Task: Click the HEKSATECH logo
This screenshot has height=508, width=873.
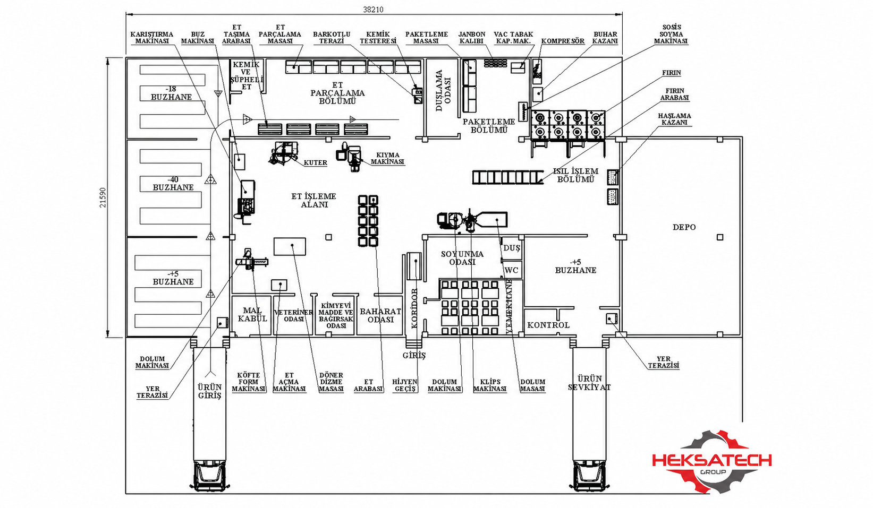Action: pyautogui.click(x=711, y=462)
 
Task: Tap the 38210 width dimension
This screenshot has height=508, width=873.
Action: pyautogui.click(x=373, y=10)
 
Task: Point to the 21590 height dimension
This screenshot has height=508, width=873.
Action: pyautogui.click(x=103, y=197)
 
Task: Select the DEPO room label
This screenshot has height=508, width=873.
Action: pyautogui.click(x=684, y=227)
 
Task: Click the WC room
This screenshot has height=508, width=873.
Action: pyautogui.click(x=511, y=270)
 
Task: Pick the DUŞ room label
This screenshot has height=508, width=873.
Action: pyautogui.click(x=511, y=248)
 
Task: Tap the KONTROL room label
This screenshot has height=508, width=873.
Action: pyautogui.click(x=548, y=325)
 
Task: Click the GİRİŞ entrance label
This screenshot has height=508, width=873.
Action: pyautogui.click(x=414, y=355)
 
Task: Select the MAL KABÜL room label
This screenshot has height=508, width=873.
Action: pyautogui.click(x=252, y=314)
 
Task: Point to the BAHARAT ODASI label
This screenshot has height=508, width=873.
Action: pyautogui.click(x=380, y=315)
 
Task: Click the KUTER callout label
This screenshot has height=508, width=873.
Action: pyautogui.click(x=315, y=162)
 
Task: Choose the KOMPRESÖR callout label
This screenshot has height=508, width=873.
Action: pyautogui.click(x=563, y=41)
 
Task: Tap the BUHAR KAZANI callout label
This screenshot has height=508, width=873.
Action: pyautogui.click(x=605, y=37)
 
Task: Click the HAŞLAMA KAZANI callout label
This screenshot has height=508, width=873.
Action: pyautogui.click(x=675, y=119)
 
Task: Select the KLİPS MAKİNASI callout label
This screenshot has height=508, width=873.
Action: pyautogui.click(x=490, y=385)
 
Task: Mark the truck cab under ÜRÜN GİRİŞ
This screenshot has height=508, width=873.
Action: pyautogui.click(x=209, y=476)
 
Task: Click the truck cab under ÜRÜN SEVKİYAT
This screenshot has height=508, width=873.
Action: pyautogui.click(x=589, y=476)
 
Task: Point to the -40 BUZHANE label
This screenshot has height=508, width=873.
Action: pyautogui.click(x=173, y=183)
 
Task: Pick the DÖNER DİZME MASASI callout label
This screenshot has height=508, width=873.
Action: pyautogui.click(x=331, y=382)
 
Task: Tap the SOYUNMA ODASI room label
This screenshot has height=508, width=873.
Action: pyautogui.click(x=462, y=257)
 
